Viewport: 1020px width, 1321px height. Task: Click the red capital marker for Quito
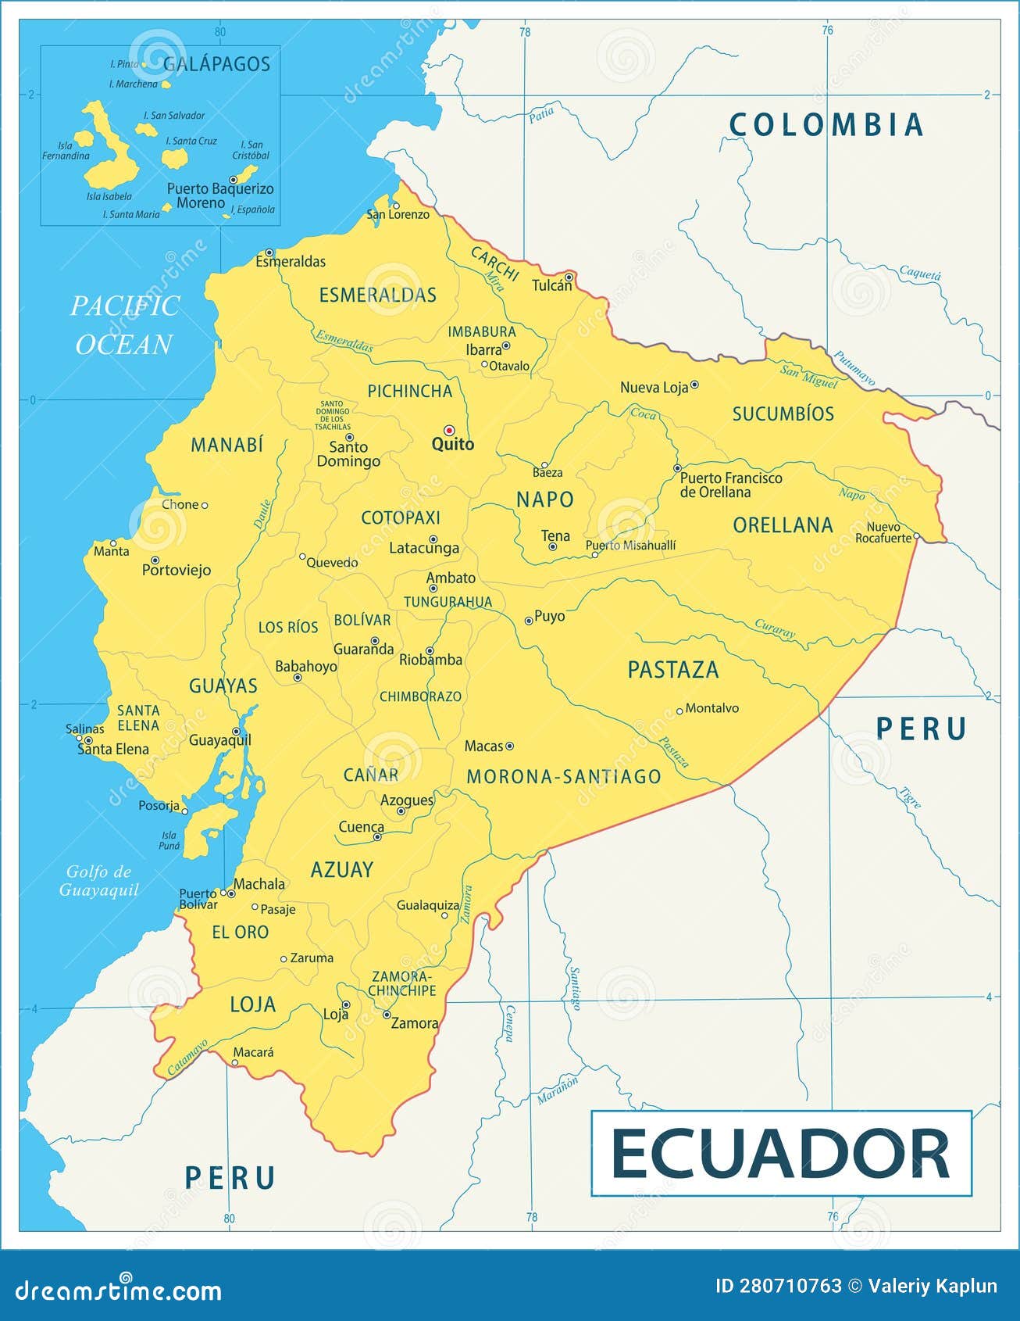pyautogui.click(x=449, y=430)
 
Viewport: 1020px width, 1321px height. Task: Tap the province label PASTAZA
pyautogui.click(x=672, y=670)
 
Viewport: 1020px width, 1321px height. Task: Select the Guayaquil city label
pyautogui.click(x=220, y=739)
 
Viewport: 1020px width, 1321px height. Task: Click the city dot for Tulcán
pyautogui.click(x=569, y=277)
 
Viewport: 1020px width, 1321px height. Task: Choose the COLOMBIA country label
pyautogui.click(x=826, y=125)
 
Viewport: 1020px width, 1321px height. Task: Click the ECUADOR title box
pyautogui.click(x=781, y=1153)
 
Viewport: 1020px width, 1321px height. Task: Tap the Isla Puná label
pyautogui.click(x=169, y=840)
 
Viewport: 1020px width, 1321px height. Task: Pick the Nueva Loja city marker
pyautogui.click(x=694, y=385)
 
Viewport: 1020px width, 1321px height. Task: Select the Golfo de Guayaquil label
pyautogui.click(x=99, y=880)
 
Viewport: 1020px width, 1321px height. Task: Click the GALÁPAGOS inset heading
pyautogui.click(x=217, y=64)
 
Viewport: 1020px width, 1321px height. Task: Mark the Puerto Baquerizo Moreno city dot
pyautogui.click(x=233, y=180)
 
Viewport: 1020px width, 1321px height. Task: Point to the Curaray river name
pyautogui.click(x=775, y=629)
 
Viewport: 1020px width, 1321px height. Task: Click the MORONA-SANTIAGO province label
pyautogui.click(x=563, y=776)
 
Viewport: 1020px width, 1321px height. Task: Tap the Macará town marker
pyautogui.click(x=235, y=1062)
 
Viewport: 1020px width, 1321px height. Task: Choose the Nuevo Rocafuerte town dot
pyautogui.click(x=916, y=537)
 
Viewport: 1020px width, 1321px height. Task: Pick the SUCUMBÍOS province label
pyautogui.click(x=783, y=414)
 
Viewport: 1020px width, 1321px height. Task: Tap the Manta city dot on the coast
pyautogui.click(x=113, y=542)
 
